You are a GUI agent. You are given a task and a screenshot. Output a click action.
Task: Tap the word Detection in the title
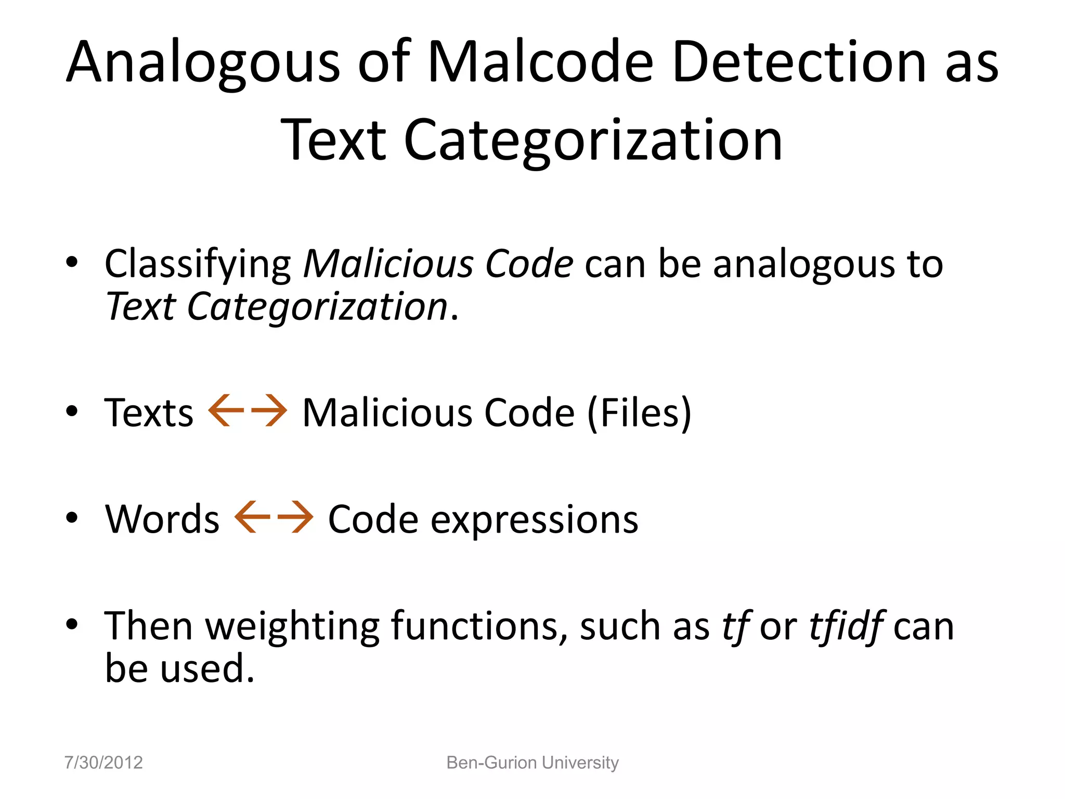(799, 62)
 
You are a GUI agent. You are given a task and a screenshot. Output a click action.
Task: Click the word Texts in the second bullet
(149, 413)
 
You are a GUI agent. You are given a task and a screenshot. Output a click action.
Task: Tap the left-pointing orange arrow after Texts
(226, 411)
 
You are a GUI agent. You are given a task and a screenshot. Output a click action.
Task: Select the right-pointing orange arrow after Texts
(268, 411)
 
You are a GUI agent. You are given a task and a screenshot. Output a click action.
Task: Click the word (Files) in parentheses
(639, 413)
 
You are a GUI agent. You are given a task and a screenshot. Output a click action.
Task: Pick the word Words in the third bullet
(162, 519)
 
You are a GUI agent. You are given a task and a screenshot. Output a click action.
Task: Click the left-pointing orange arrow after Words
(253, 517)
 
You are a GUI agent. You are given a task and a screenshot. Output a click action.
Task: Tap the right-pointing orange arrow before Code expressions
(295, 517)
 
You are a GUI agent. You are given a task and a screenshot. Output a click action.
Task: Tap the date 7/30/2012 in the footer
(103, 763)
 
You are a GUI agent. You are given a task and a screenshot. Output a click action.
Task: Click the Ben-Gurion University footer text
(532, 763)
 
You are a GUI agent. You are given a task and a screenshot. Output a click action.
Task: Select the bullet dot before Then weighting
(72, 624)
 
